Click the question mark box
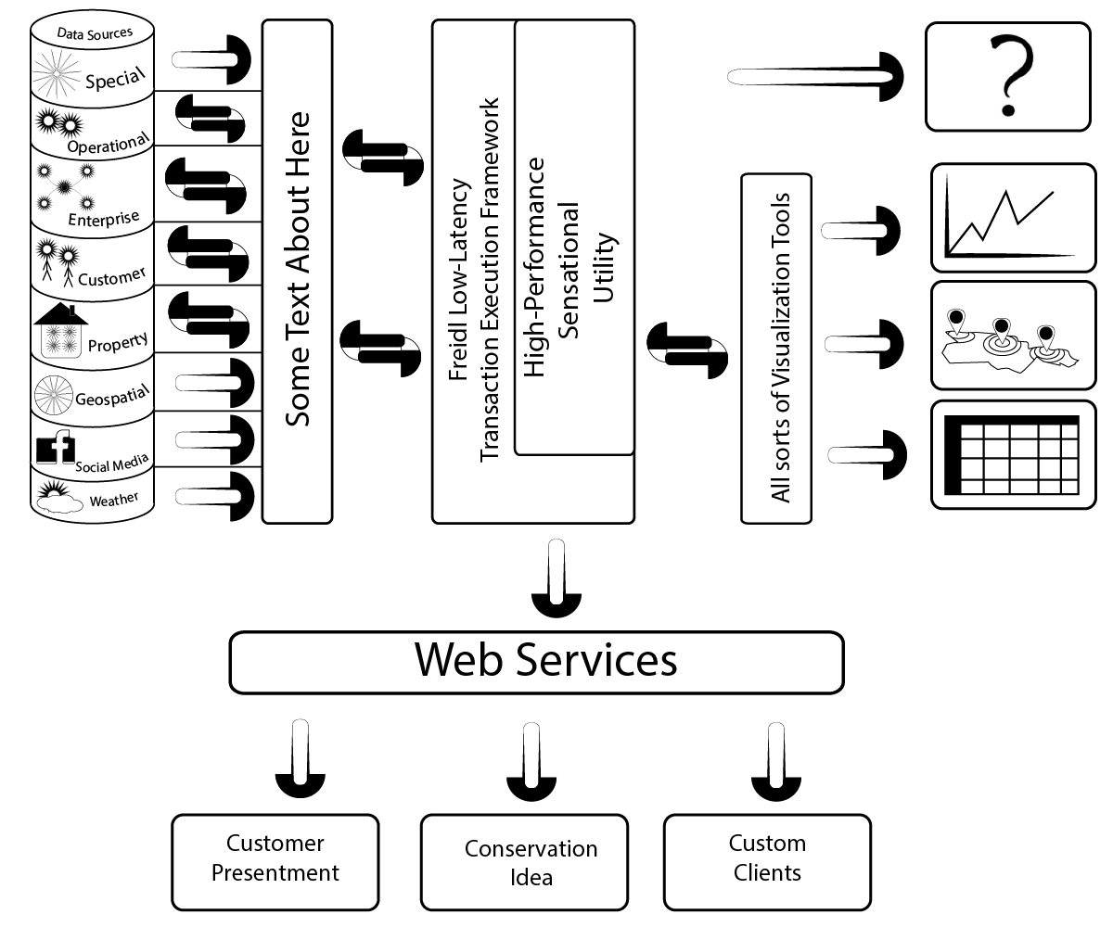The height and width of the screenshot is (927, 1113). click(1007, 76)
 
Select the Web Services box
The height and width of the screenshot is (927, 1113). click(536, 662)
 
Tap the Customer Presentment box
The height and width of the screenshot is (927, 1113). click(275, 861)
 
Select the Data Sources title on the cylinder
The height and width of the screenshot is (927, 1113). click(96, 33)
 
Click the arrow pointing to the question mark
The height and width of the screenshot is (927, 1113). click(816, 77)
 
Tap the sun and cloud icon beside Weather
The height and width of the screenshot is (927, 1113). click(55, 499)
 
